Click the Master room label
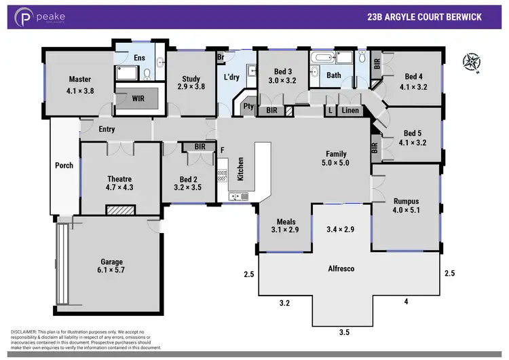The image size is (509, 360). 79,79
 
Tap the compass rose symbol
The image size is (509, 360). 470,62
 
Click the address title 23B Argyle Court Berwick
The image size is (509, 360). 424,17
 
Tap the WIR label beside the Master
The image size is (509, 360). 138,98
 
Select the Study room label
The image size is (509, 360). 191,79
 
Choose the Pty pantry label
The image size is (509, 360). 248,105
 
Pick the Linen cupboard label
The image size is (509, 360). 350,110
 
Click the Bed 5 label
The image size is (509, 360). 413,133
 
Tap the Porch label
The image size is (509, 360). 64,165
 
